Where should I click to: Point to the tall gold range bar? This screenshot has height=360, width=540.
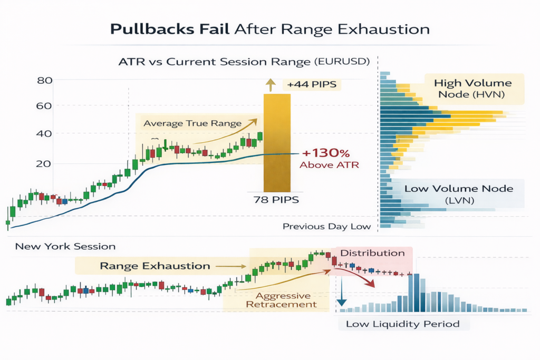(x=277, y=142)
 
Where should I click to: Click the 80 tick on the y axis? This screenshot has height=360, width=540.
(x=45, y=81)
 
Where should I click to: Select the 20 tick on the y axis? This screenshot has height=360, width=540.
(x=45, y=163)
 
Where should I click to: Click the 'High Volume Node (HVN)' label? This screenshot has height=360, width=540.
(x=472, y=89)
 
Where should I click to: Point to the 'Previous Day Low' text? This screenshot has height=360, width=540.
(x=326, y=227)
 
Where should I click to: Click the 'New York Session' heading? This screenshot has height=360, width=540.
(x=65, y=246)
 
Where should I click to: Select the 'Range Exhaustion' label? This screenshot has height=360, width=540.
(x=155, y=266)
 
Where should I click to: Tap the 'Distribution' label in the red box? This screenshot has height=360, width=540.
(x=372, y=253)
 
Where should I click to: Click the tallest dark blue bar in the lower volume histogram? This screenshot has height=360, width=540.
(x=417, y=293)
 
